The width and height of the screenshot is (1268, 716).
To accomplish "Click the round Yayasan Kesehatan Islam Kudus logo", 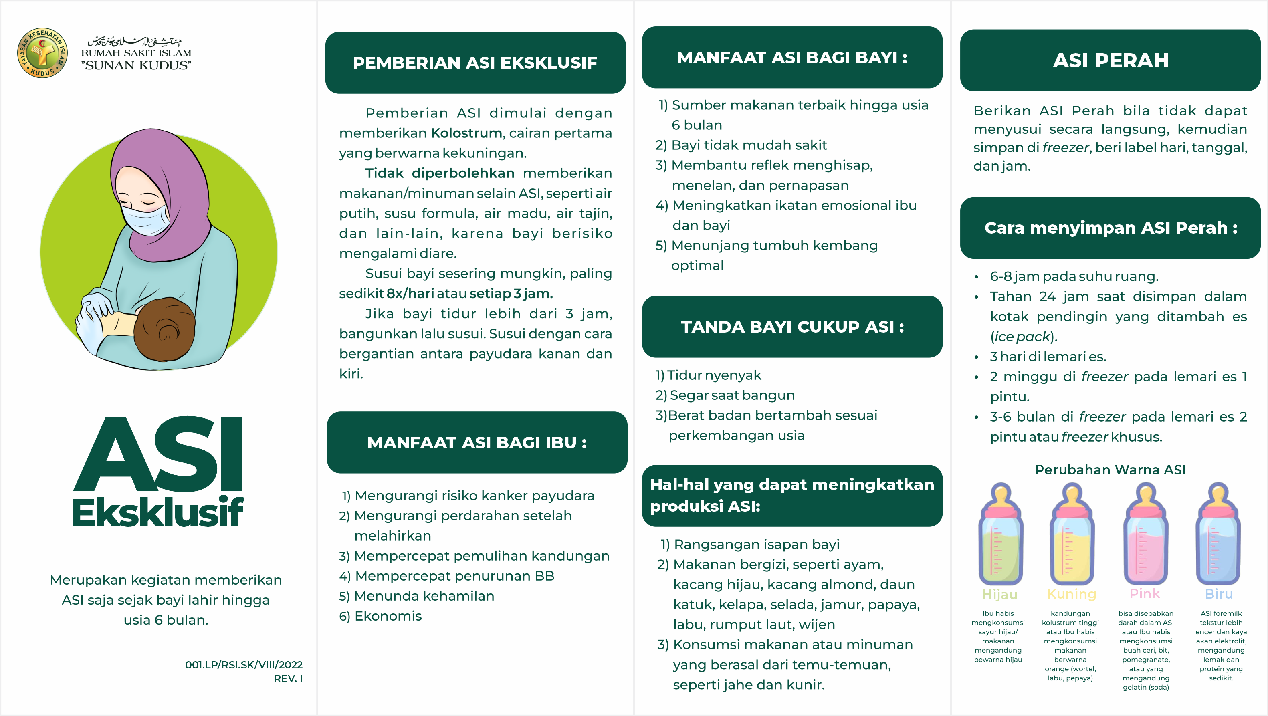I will pyautogui.click(x=42, y=52).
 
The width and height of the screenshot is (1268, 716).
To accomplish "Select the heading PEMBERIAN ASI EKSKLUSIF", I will pyautogui.click(x=475, y=63).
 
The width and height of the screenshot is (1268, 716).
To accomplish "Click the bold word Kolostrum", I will pyautogui.click(x=466, y=133).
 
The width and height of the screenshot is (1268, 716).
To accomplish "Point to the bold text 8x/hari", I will pyautogui.click(x=410, y=294).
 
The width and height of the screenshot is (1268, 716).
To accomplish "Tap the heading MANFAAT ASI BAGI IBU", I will pyautogui.click(x=477, y=442).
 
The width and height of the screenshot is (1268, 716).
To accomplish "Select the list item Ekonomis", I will pyautogui.click(x=388, y=616).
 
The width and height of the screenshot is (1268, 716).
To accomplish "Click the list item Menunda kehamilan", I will pyautogui.click(x=424, y=596).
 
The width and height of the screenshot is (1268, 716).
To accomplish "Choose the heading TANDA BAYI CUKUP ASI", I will pyautogui.click(x=792, y=327).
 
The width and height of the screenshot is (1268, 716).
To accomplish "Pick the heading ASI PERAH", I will pyautogui.click(x=1111, y=61).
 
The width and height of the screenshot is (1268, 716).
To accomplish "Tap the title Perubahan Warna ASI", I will pyautogui.click(x=1110, y=470).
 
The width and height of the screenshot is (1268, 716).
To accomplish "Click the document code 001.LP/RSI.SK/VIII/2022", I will pyautogui.click(x=244, y=664).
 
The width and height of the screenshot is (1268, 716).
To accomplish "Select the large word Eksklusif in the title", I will pyautogui.click(x=157, y=513).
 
